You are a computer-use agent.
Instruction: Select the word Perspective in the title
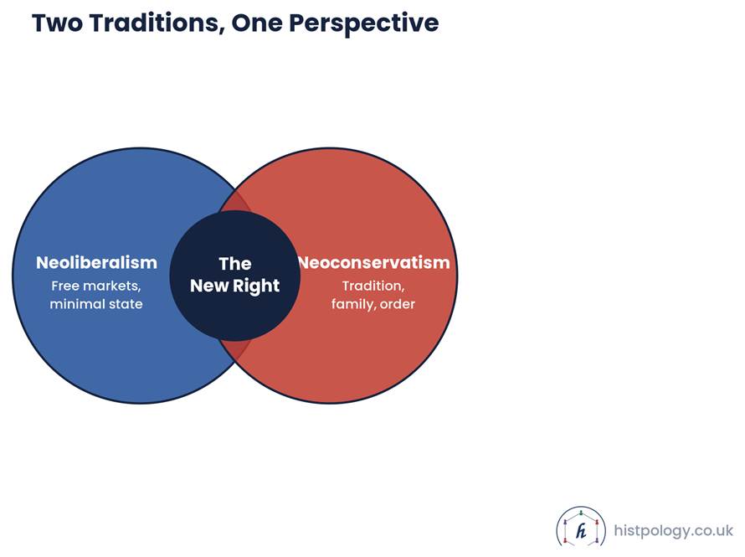point(364,23)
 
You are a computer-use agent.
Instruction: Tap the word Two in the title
point(58,23)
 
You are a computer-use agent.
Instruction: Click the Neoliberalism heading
point(96,262)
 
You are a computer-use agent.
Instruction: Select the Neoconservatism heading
point(374,262)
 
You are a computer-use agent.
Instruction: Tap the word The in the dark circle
point(235,264)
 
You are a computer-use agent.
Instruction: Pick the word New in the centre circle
point(209,286)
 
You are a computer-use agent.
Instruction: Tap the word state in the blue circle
point(125,304)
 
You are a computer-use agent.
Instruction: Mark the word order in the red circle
point(398,304)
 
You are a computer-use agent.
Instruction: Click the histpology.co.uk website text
point(673,530)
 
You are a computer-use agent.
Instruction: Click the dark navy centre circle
point(234,276)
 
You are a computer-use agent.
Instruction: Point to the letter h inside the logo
point(581,531)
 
